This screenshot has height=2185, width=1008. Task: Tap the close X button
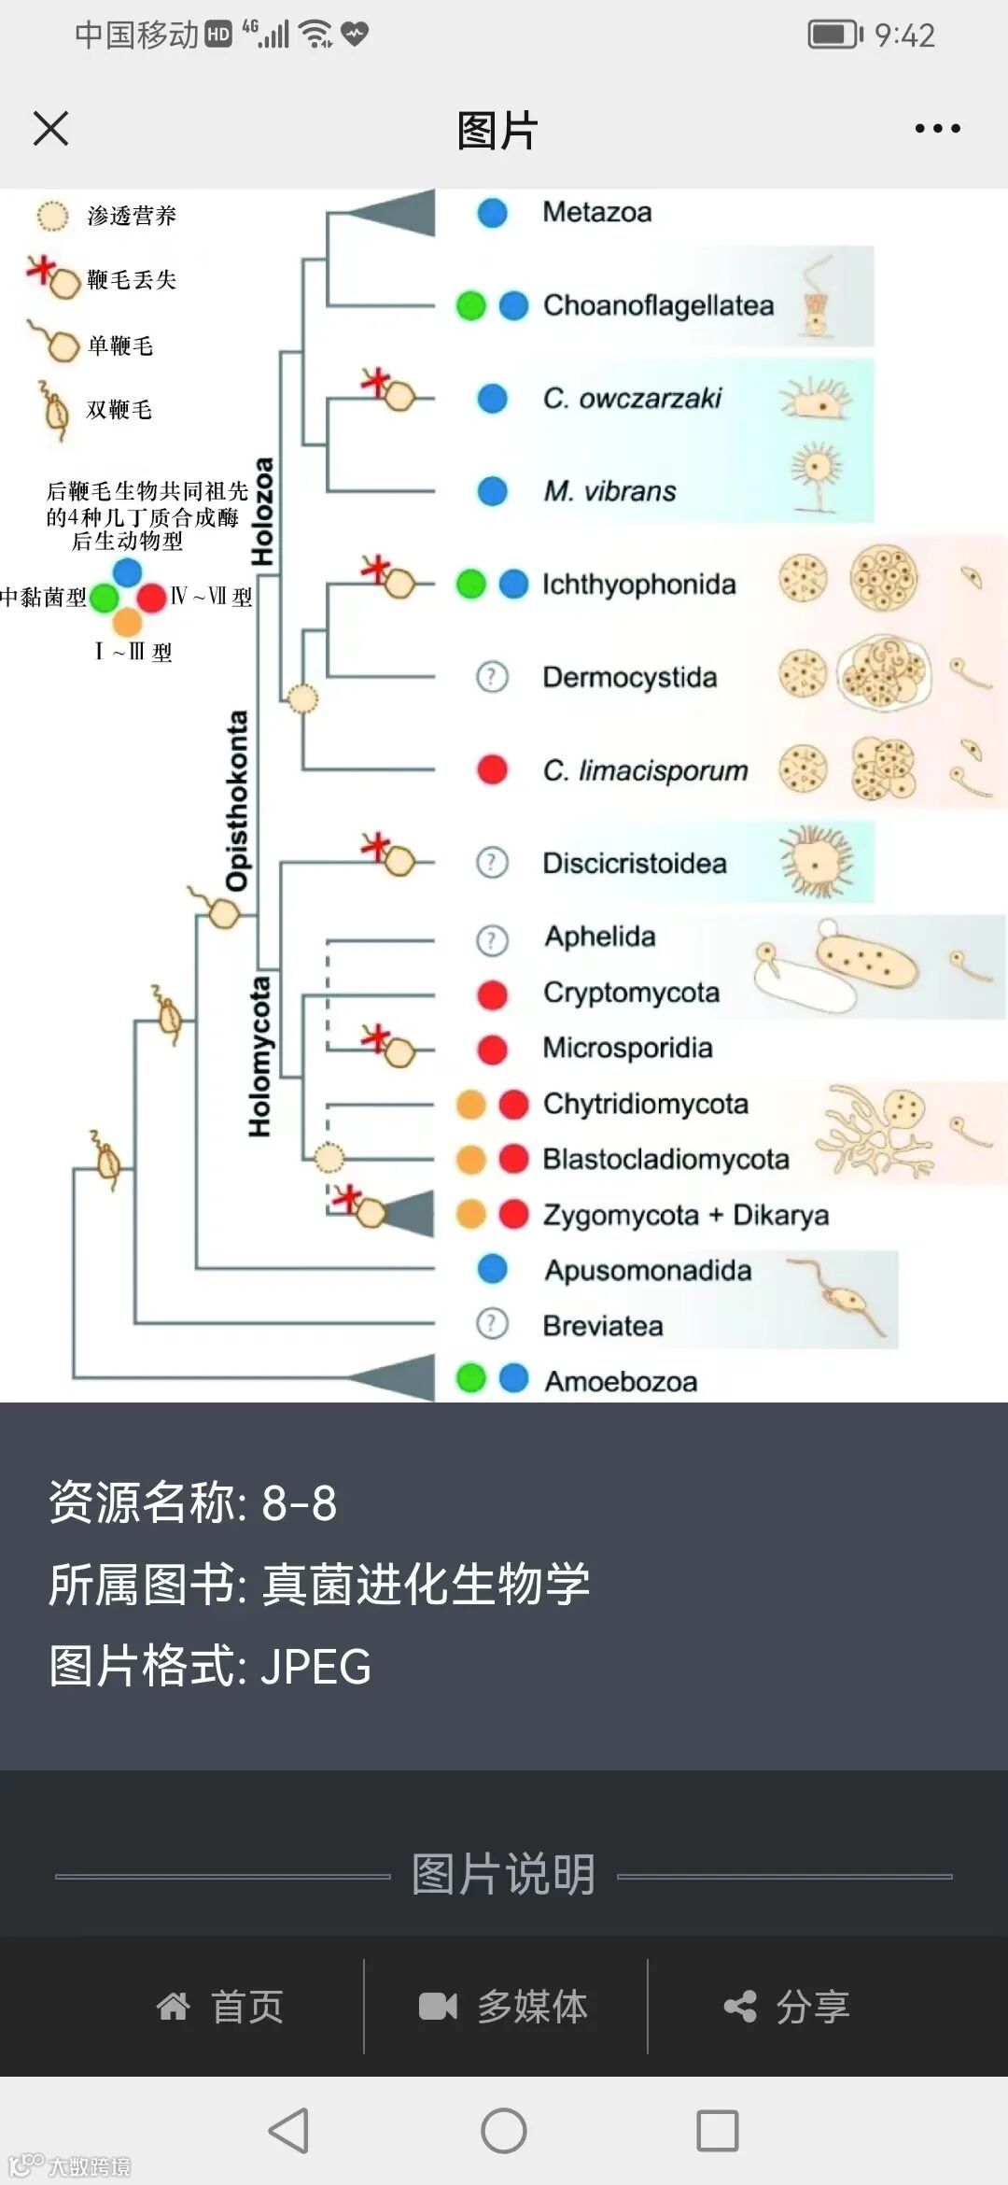(x=50, y=128)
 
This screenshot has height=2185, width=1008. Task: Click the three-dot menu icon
(x=937, y=128)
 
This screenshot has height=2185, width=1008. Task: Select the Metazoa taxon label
(x=597, y=212)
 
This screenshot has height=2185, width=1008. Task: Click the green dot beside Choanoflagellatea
(x=471, y=305)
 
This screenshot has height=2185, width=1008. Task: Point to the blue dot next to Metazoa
(x=492, y=212)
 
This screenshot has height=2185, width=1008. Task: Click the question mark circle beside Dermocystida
(x=492, y=676)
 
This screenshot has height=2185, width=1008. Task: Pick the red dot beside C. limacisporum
(x=492, y=769)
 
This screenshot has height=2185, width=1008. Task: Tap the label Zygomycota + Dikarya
(x=686, y=1215)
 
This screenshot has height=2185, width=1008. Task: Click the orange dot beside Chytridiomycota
(x=471, y=1104)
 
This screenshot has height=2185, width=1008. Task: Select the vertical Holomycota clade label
(x=259, y=1056)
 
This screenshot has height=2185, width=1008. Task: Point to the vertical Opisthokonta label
(x=238, y=800)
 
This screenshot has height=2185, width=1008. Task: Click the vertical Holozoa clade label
(x=263, y=512)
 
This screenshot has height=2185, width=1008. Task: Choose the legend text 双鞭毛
(x=119, y=410)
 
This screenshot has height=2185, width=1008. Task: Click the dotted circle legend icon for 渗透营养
(x=52, y=216)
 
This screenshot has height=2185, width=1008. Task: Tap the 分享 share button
(x=789, y=2006)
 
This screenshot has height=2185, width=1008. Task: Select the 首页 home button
(x=221, y=2006)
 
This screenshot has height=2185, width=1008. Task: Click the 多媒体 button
(x=505, y=2006)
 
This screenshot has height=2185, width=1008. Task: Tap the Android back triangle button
(x=288, y=2131)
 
